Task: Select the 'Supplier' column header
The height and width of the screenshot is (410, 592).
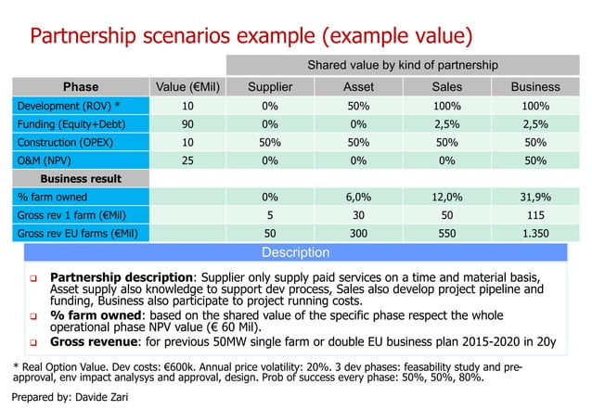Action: coord(271,87)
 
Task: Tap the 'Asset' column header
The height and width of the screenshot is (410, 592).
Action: coord(354,87)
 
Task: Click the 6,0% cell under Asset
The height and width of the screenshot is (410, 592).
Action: coord(354,197)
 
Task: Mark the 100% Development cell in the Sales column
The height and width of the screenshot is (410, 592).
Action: coord(447,108)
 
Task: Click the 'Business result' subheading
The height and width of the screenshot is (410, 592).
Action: coord(81,178)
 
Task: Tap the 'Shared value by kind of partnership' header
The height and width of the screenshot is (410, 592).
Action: coord(399,65)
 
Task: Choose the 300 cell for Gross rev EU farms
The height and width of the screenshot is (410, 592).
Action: coord(354,232)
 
